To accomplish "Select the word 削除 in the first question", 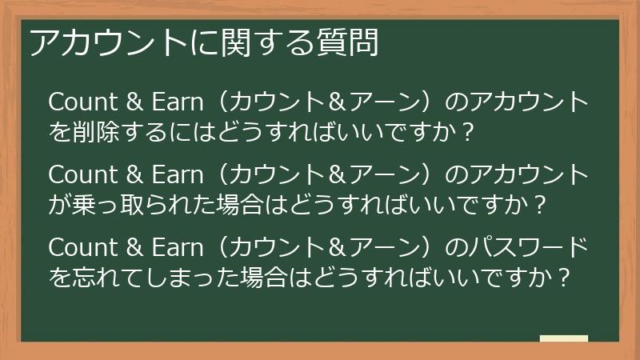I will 94,130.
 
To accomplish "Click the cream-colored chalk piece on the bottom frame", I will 563,339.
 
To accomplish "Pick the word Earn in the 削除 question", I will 173,103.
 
